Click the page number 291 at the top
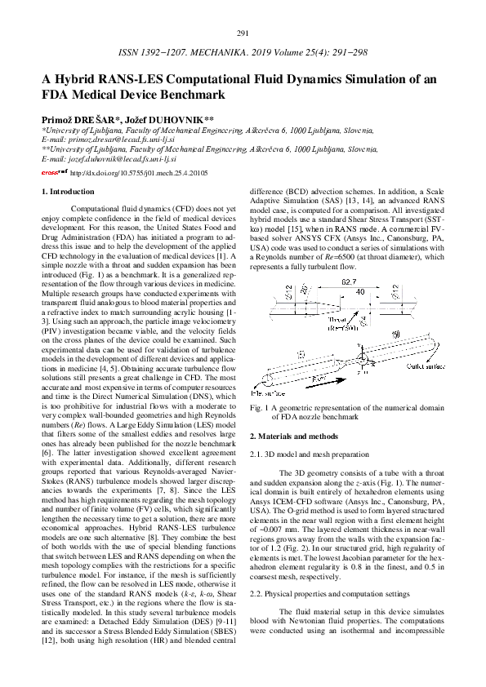click(x=242, y=33)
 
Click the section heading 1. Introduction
click(x=67, y=192)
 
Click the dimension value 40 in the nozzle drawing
click(x=337, y=292)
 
